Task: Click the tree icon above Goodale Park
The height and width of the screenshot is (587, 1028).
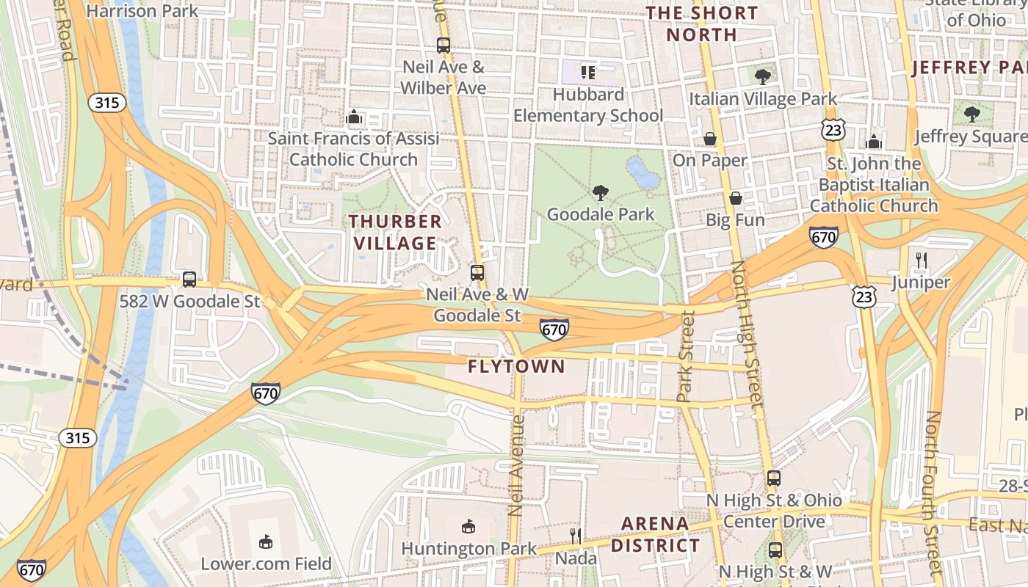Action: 601,193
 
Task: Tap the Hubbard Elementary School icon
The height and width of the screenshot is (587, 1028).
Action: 588,72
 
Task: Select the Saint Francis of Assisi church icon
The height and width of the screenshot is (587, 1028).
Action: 354,117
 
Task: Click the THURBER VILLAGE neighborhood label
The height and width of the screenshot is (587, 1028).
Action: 395,232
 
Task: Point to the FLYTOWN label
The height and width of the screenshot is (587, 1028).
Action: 516,366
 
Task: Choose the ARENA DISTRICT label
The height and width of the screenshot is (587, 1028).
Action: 655,534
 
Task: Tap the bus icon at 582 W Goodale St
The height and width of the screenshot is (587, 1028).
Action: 189,280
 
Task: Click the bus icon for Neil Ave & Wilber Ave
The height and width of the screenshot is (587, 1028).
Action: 444,45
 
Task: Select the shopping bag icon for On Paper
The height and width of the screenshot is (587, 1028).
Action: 710,139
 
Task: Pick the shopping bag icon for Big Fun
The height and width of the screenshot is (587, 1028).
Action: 736,198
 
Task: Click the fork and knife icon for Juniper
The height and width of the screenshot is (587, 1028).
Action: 922,260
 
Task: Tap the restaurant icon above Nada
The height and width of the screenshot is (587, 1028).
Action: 576,536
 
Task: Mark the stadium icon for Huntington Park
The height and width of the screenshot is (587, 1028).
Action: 468,526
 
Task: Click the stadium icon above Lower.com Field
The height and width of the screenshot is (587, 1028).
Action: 266,542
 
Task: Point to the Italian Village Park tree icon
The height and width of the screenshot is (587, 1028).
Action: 763,76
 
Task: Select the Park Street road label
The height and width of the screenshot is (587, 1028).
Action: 687,357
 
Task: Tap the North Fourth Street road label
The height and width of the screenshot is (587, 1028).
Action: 932,492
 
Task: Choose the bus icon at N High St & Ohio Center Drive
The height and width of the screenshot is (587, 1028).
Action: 774,478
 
